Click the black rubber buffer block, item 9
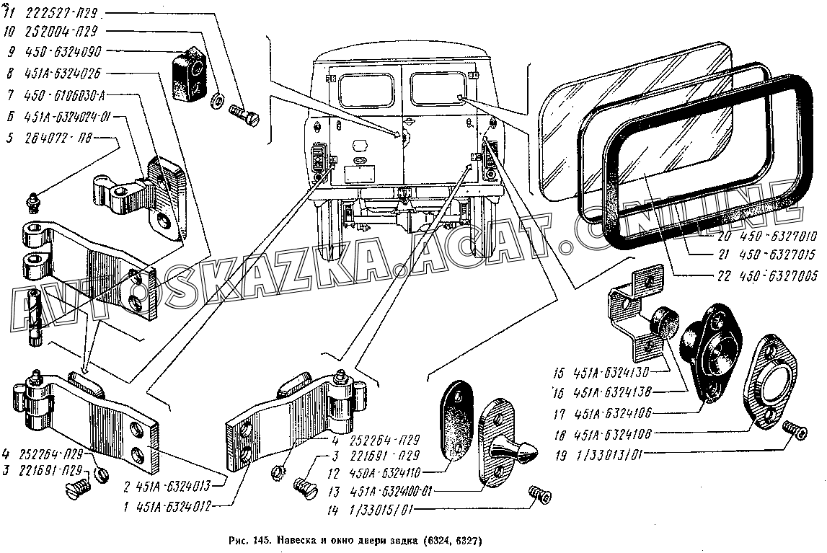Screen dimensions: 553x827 [x=189, y=76]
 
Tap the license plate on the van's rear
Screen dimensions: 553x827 [x=358, y=174]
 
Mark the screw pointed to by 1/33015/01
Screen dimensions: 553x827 [x=539, y=494]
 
